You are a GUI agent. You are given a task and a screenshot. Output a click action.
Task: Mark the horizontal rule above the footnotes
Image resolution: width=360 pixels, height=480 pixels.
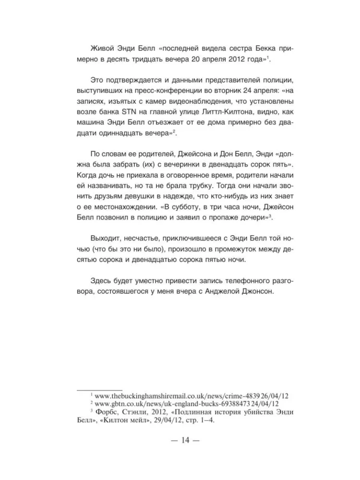(100, 389)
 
